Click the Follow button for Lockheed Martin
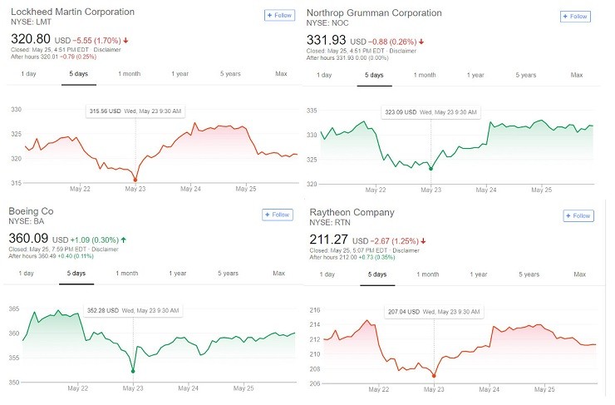(x=278, y=15)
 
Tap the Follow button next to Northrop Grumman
(x=575, y=16)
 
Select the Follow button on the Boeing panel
(x=278, y=215)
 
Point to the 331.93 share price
(x=326, y=40)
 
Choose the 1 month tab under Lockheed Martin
(x=129, y=74)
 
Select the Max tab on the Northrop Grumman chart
(x=576, y=75)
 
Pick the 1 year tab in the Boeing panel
(x=178, y=273)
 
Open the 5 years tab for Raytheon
(x=528, y=274)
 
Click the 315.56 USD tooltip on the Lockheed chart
(x=135, y=111)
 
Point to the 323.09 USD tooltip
(x=430, y=111)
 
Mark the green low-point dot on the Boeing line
(x=133, y=371)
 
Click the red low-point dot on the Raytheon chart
(x=433, y=376)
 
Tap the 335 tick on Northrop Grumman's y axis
(x=312, y=110)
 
